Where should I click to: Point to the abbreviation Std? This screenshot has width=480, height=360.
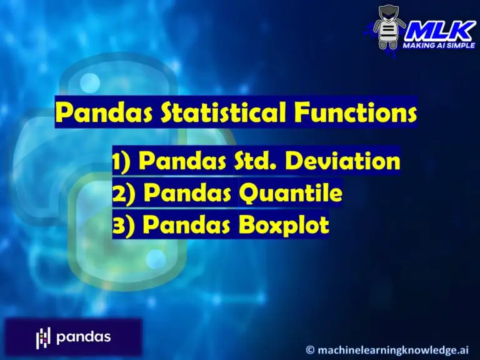259,161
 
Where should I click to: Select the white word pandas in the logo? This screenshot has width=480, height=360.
83,337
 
